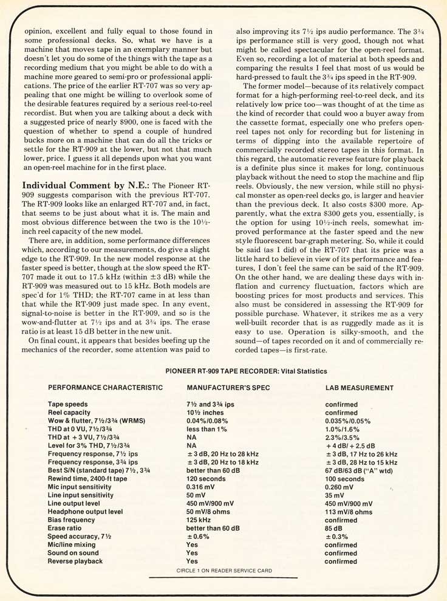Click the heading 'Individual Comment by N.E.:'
pos(77,185)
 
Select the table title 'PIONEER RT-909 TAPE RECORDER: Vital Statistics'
pos(246,371)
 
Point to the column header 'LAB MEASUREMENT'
pos(359,388)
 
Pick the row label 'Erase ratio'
pos(66,529)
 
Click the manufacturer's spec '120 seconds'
pos(207,479)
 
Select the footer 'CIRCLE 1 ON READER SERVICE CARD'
pos(219,571)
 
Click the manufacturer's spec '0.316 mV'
pos(202,488)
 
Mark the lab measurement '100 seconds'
pos(345,479)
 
